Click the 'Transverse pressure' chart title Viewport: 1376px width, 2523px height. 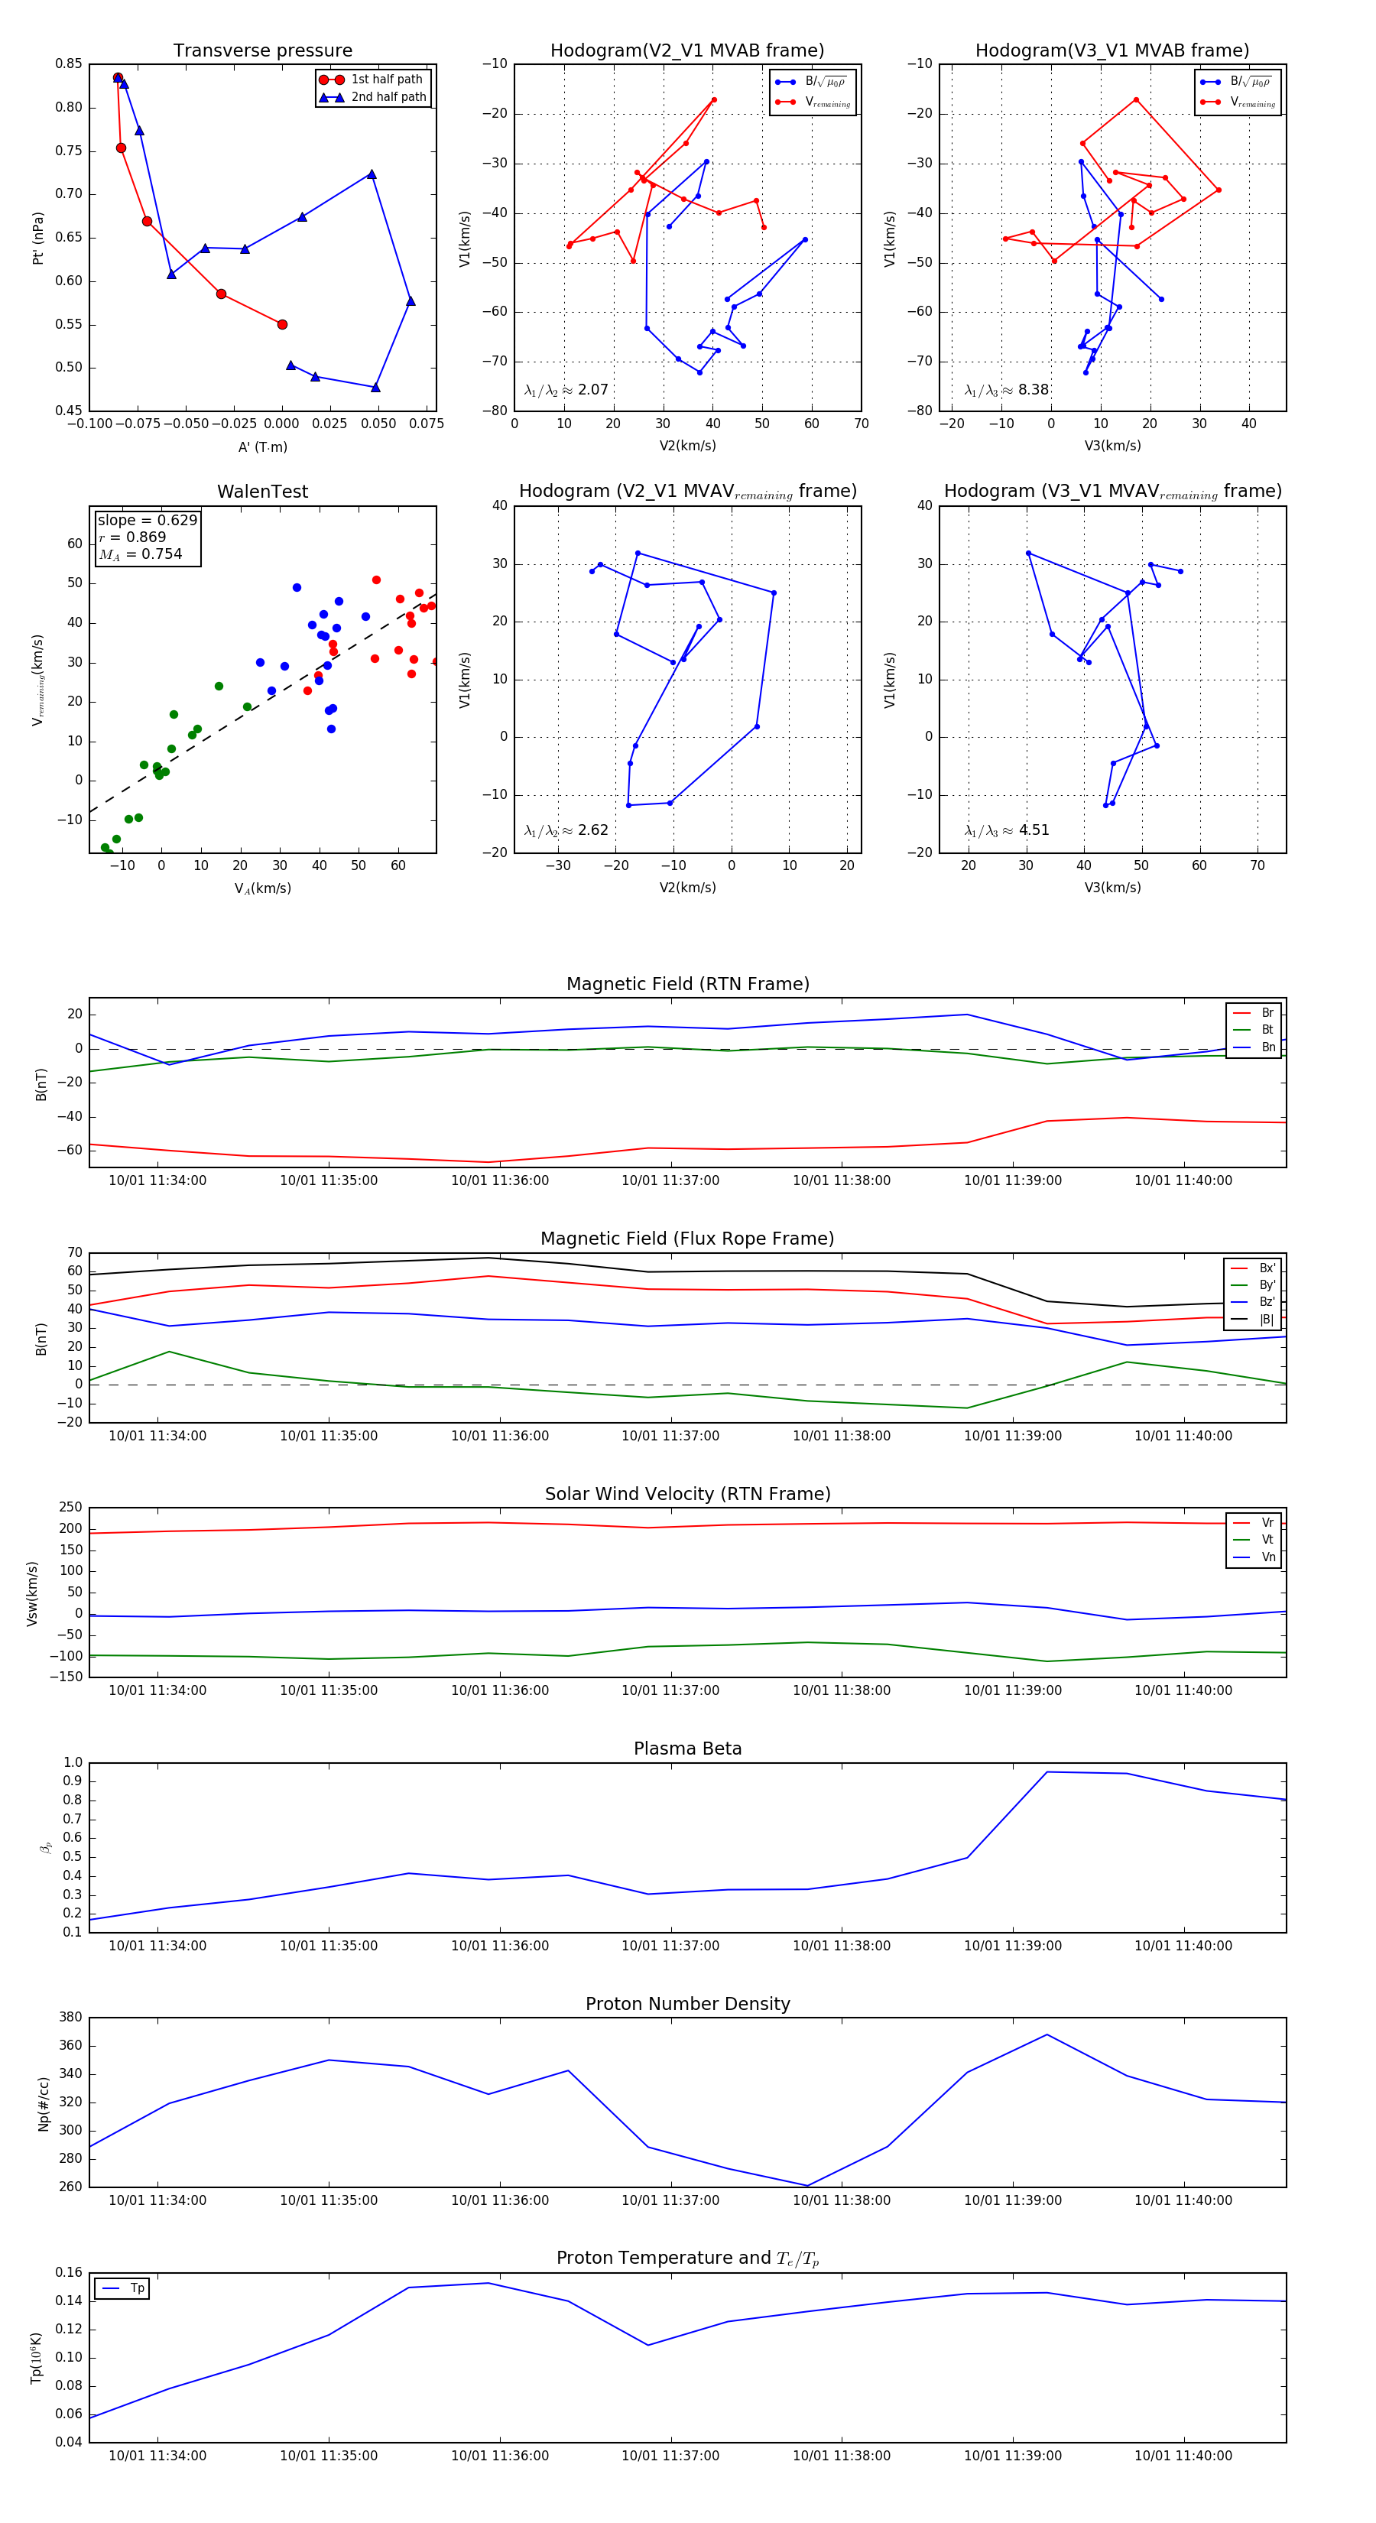pos(262,51)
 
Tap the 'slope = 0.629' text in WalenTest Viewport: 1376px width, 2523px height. pos(147,520)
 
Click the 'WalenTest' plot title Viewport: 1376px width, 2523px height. pos(262,492)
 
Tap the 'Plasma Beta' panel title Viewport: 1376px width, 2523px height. pos(687,1749)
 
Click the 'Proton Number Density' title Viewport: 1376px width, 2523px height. pos(687,2004)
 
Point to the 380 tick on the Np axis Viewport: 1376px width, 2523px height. pos(70,2018)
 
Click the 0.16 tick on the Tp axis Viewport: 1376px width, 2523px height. pos(69,2272)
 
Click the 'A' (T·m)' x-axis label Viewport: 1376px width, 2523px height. pos(262,446)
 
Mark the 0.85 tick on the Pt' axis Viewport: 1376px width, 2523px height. pos(69,63)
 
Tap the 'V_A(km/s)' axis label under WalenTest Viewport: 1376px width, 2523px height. pos(262,888)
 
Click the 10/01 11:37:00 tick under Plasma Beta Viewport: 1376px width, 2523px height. pos(671,1946)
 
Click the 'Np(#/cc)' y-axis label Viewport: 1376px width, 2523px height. pos(43,2102)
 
